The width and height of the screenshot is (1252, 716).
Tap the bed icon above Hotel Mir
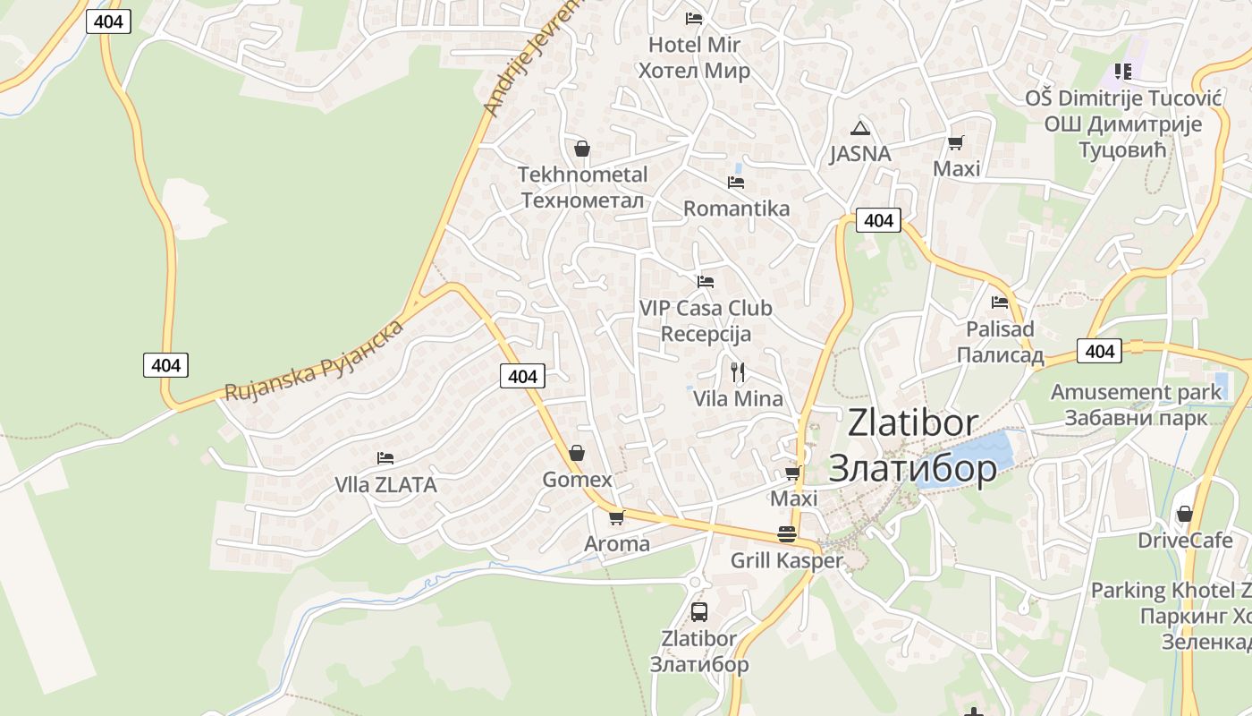(x=694, y=18)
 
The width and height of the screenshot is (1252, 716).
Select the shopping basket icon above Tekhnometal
(x=582, y=149)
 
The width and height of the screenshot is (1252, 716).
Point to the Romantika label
(x=736, y=209)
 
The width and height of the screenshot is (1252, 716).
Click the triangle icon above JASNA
(x=860, y=128)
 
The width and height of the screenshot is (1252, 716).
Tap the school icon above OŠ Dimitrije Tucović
(x=1122, y=71)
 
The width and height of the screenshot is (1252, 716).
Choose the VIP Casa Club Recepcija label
(x=706, y=320)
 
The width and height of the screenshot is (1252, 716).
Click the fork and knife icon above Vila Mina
(x=738, y=371)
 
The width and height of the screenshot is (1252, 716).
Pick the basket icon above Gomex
(x=577, y=453)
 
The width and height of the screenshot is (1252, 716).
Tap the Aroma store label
(x=617, y=544)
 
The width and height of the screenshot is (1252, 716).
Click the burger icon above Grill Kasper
(x=787, y=534)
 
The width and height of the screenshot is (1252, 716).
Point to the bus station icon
(x=699, y=612)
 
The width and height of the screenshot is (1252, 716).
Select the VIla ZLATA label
(x=385, y=485)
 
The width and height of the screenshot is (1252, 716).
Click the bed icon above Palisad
(x=1000, y=303)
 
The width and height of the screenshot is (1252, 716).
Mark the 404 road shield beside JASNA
(x=878, y=220)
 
